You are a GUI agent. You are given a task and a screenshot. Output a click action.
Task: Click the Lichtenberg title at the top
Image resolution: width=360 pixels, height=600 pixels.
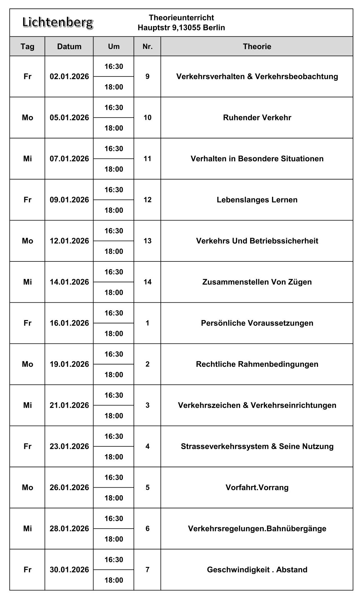(58, 22)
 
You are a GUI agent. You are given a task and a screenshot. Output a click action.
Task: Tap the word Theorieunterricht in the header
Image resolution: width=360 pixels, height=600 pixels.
(181, 18)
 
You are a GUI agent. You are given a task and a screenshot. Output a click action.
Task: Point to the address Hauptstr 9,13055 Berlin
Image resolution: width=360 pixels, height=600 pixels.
(181, 28)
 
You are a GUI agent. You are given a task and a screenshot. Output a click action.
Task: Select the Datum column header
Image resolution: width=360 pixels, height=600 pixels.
(69, 46)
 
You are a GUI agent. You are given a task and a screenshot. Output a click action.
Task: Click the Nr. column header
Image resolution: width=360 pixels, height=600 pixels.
(148, 46)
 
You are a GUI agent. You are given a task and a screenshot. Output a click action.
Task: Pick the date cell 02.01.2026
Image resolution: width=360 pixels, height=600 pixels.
(69, 77)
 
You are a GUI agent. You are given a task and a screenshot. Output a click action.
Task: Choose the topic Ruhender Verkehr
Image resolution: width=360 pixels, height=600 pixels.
(257, 118)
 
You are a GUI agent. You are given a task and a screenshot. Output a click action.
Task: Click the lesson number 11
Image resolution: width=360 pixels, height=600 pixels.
(148, 159)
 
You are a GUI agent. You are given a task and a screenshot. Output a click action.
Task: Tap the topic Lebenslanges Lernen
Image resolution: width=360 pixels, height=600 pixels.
(257, 200)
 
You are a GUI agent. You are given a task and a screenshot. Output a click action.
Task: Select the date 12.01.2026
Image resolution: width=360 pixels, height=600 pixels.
(69, 241)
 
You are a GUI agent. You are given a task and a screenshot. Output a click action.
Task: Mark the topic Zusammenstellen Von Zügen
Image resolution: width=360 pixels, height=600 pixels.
(257, 282)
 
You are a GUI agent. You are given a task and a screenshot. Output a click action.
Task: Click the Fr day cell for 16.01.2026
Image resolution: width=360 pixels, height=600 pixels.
(27, 323)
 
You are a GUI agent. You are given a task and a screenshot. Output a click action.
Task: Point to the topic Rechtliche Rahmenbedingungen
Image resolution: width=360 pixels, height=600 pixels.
(257, 364)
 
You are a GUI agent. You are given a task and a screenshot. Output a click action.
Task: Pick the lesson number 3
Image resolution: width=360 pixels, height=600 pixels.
(148, 405)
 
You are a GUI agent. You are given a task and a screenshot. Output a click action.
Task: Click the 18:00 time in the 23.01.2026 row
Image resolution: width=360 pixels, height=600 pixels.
(114, 457)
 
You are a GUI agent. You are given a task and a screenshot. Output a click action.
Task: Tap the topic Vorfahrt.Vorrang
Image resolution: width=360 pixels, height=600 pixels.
(257, 487)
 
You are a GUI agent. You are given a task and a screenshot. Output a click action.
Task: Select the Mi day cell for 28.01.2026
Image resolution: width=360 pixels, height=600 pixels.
(27, 528)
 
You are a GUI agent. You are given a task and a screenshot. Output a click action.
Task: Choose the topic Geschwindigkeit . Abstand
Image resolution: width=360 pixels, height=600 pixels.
(257, 570)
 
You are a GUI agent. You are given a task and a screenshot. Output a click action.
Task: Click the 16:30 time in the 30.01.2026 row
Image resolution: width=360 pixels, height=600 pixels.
(114, 560)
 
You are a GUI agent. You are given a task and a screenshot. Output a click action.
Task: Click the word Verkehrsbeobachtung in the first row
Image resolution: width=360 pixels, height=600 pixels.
(296, 77)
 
